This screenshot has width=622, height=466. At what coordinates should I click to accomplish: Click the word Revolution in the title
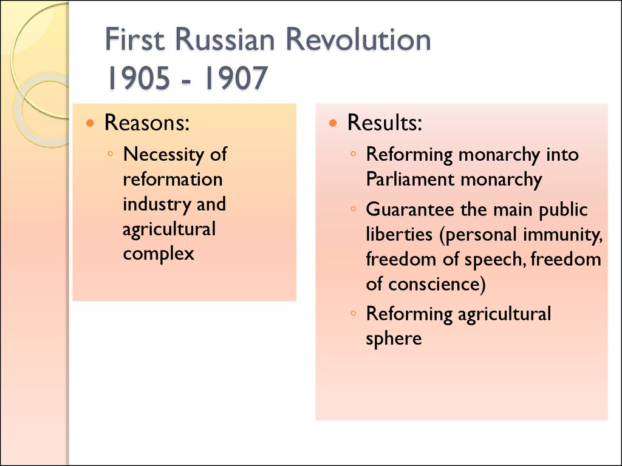click(358, 39)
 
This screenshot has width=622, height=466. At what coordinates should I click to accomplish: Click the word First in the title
click(135, 39)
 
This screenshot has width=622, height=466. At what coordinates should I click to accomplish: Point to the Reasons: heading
click(147, 123)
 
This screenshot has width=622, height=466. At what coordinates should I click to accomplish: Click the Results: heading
click(384, 123)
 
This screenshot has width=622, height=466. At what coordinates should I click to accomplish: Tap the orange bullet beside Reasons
click(91, 123)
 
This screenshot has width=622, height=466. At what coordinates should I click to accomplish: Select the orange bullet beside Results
click(333, 123)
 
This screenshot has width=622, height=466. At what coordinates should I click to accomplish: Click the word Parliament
click(410, 179)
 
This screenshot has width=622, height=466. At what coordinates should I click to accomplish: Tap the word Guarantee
click(410, 209)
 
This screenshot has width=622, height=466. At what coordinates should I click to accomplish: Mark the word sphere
click(394, 339)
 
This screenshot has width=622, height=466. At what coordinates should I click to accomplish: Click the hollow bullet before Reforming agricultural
click(354, 314)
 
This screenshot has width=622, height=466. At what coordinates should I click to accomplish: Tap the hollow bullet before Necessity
click(111, 154)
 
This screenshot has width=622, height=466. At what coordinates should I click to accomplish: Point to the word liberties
click(399, 234)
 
